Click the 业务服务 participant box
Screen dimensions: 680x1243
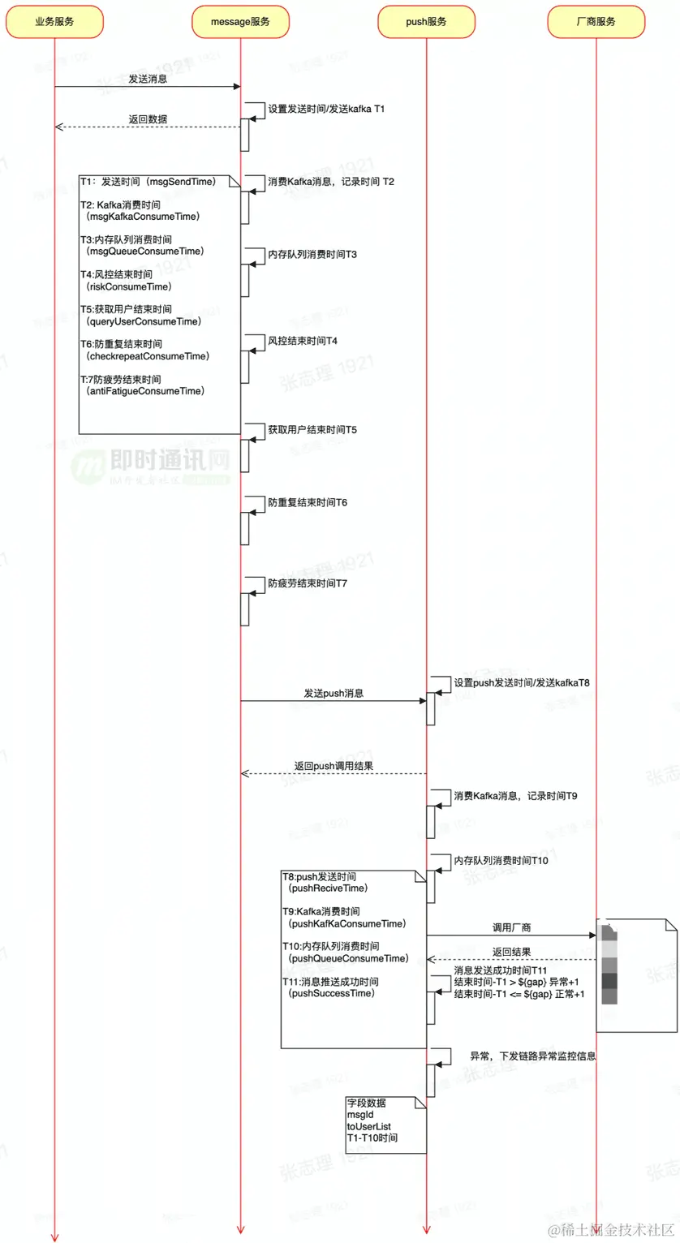(x=54, y=22)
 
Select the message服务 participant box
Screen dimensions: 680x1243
(x=240, y=22)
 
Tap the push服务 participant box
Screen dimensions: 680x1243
(x=426, y=22)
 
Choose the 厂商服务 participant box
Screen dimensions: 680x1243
(x=596, y=22)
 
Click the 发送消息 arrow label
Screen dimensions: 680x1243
(x=148, y=80)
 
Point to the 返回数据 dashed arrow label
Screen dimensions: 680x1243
(x=148, y=119)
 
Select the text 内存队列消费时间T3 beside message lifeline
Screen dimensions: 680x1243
(x=312, y=255)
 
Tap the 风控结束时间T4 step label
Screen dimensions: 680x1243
(x=303, y=341)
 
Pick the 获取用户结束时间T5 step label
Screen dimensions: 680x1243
(x=312, y=429)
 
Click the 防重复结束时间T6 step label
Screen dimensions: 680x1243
(x=308, y=503)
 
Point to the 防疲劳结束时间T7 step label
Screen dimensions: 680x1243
(x=308, y=583)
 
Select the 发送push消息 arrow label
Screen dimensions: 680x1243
(x=334, y=694)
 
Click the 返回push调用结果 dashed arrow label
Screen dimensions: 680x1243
(x=334, y=766)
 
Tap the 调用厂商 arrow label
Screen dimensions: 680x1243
(x=512, y=927)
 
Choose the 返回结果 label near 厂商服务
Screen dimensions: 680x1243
(x=512, y=952)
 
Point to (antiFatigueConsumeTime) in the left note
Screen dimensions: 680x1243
(x=145, y=391)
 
